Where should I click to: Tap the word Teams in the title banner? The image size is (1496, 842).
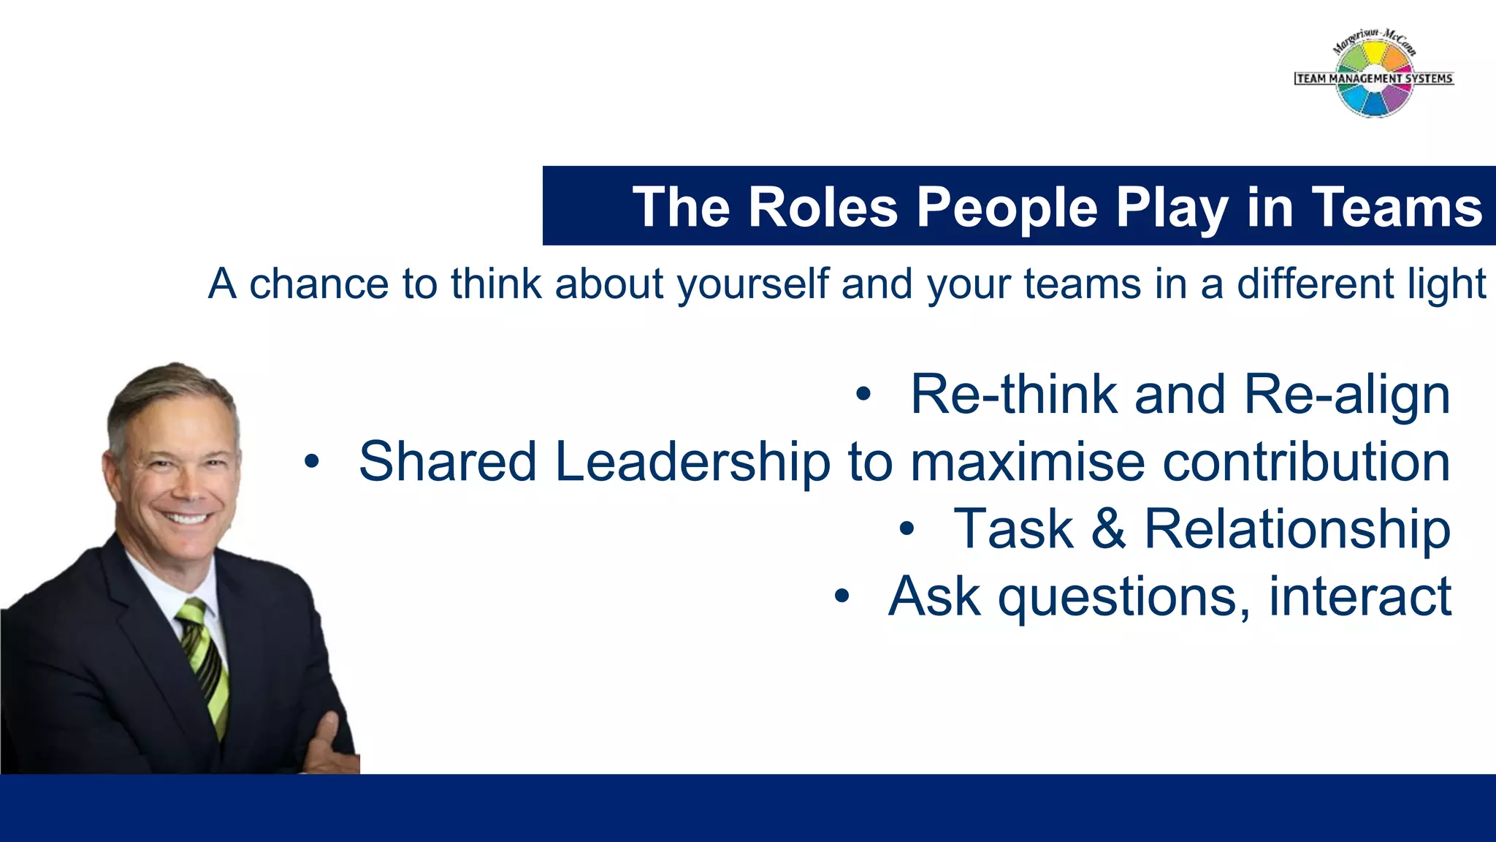(1397, 207)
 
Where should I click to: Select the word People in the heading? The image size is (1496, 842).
(1007, 208)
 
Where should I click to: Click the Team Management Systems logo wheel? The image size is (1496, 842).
(1373, 76)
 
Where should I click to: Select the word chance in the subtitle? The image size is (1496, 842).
(318, 284)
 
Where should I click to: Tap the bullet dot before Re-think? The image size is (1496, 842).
(863, 395)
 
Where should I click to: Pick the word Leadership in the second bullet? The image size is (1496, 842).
(692, 463)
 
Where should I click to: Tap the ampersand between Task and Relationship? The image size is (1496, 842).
(1108, 529)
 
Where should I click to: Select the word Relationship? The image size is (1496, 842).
(1297, 529)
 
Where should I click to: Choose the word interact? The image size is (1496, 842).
(1359, 596)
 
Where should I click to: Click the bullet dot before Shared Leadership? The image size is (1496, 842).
(312, 462)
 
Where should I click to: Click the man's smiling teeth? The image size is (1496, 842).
(186, 518)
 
